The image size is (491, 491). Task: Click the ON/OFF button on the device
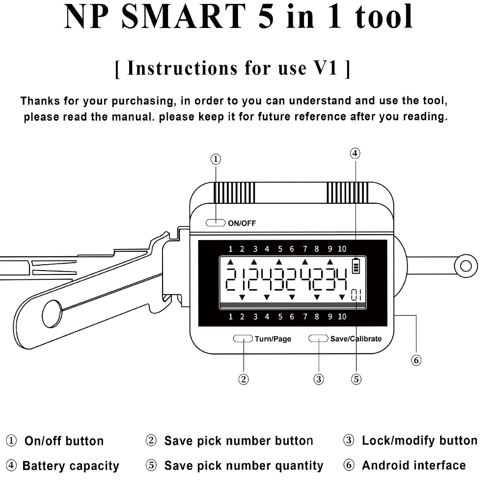click(215, 223)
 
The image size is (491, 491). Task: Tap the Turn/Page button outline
click(243, 338)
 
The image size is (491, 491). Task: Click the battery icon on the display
click(355, 266)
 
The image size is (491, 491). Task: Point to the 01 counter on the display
click(356, 295)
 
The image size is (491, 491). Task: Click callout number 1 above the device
click(216, 159)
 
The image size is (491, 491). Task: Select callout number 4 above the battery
click(355, 153)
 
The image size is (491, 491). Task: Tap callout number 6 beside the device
click(416, 360)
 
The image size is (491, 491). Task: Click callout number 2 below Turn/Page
click(244, 379)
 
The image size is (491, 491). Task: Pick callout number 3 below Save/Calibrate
click(319, 379)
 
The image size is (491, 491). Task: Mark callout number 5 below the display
click(356, 379)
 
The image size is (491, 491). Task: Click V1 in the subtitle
click(325, 68)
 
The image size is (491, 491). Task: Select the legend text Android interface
click(413, 465)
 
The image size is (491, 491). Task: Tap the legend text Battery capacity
click(71, 465)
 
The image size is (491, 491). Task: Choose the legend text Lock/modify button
click(419, 440)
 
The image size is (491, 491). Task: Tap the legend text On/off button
click(64, 441)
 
